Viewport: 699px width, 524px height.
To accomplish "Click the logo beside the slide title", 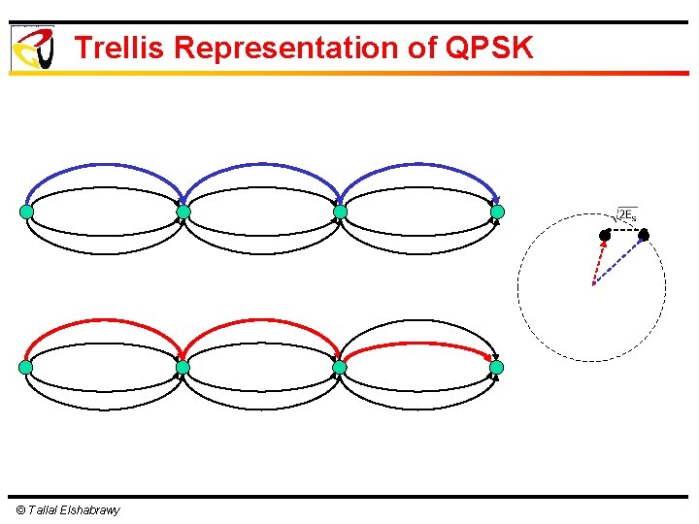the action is tap(32, 48).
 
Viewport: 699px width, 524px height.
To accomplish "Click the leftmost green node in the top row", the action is tap(26, 212).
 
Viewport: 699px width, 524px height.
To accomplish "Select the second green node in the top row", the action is tap(183, 212).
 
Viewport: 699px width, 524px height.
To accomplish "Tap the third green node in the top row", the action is tap(340, 212).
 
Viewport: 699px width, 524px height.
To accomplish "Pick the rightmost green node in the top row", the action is tap(497, 212).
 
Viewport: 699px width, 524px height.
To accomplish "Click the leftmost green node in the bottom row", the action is tap(26, 368).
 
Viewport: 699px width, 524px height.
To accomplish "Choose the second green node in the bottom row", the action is tap(183, 368).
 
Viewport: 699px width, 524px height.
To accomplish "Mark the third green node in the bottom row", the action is tap(340, 368).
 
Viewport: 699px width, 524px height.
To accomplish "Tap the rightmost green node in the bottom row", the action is tap(497, 368).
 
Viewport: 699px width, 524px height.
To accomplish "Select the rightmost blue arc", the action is tap(418, 166).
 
